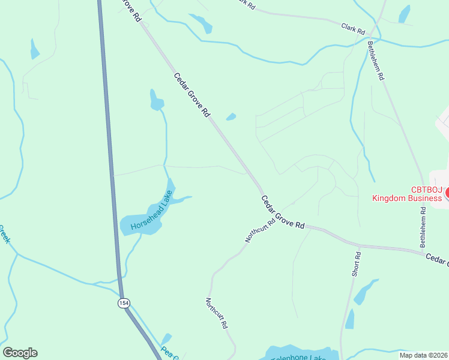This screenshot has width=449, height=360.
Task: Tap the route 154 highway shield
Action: (123, 303)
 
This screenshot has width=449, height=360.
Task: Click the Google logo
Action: (20, 353)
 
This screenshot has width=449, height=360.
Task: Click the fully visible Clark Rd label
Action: (353, 28)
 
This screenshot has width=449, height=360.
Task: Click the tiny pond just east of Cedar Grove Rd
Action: (231, 117)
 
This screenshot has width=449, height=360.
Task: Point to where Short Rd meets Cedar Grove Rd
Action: (360, 245)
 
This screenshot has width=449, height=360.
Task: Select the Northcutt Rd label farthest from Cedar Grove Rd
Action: (217, 313)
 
